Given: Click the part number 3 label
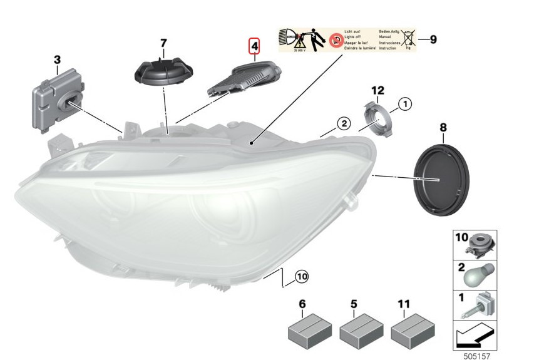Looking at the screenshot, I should tap(57, 60).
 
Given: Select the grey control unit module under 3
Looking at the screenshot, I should tap(57, 102).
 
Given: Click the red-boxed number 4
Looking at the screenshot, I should tap(254, 46).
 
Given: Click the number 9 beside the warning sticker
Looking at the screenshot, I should tap(433, 39).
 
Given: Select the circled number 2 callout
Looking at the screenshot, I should tap(344, 123).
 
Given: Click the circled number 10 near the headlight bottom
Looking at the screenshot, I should tap(301, 275).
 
